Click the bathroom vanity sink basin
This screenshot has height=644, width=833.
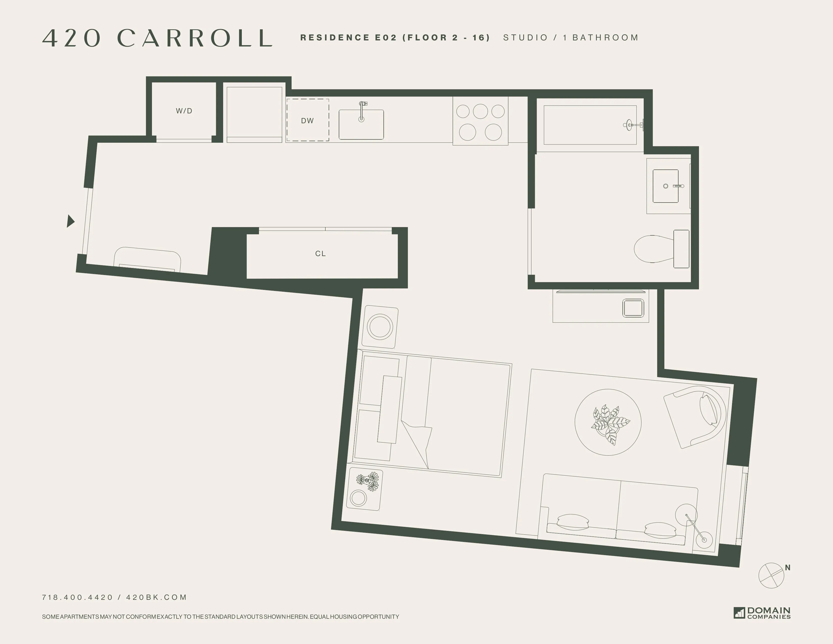(x=666, y=186)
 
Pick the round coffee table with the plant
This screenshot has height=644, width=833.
(x=608, y=422)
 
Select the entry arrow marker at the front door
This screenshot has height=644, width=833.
(x=70, y=221)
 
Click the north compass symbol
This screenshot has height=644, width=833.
(x=771, y=575)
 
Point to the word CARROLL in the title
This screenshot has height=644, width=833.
(x=195, y=38)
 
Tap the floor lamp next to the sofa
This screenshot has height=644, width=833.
(x=694, y=527)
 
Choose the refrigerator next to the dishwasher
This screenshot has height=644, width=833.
(x=254, y=114)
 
